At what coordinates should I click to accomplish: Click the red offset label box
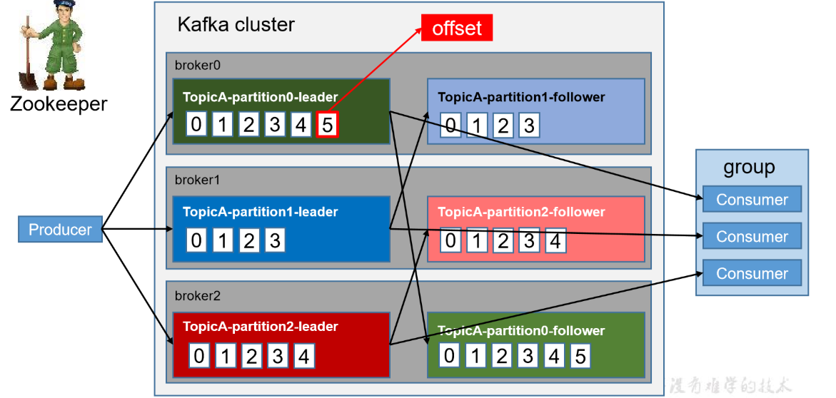[x=457, y=28]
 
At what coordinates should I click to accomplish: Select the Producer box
[x=60, y=230]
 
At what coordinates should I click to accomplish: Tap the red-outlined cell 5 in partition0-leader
[x=327, y=125]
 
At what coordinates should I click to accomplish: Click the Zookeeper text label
[x=59, y=104]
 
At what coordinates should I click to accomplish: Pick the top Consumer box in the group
[x=752, y=200]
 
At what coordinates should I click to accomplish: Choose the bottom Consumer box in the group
[x=752, y=273]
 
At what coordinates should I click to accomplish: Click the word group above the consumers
[x=749, y=168]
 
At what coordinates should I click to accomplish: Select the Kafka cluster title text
[x=236, y=24]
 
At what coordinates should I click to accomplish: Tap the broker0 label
[x=198, y=64]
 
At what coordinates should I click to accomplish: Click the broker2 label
[x=198, y=295]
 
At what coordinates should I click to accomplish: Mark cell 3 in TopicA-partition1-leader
[x=275, y=240]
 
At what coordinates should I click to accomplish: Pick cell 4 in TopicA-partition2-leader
[x=303, y=355]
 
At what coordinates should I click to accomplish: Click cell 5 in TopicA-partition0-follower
[x=580, y=355]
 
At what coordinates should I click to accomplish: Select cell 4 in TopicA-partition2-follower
[x=554, y=240]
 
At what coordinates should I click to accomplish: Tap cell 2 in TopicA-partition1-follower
[x=503, y=126]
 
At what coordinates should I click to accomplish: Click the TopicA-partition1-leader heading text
[x=260, y=212]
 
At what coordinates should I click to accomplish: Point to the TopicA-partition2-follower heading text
[x=521, y=212]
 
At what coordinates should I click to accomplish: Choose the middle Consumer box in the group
[x=752, y=236]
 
